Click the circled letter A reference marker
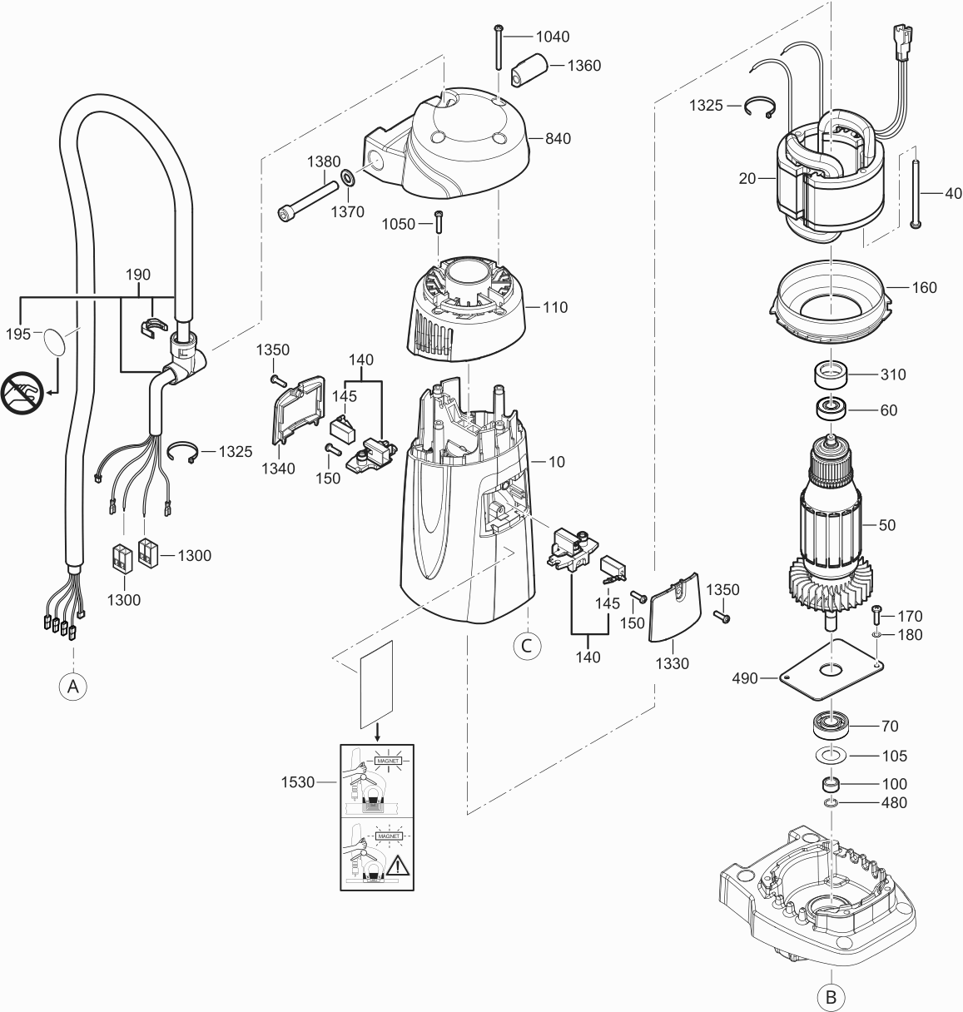(x=73, y=687)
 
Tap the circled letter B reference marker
(x=831, y=995)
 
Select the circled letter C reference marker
(x=527, y=644)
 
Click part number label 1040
(x=553, y=37)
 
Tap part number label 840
(x=557, y=139)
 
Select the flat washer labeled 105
(x=831, y=756)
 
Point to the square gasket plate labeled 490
(x=831, y=670)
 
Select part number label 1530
(x=298, y=782)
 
